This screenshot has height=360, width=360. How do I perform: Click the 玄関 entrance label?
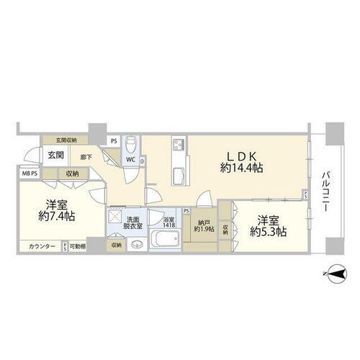[x=55, y=155]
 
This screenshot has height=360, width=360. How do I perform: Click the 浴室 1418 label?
[x=168, y=222]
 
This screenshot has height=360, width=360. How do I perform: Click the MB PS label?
[x=30, y=174]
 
